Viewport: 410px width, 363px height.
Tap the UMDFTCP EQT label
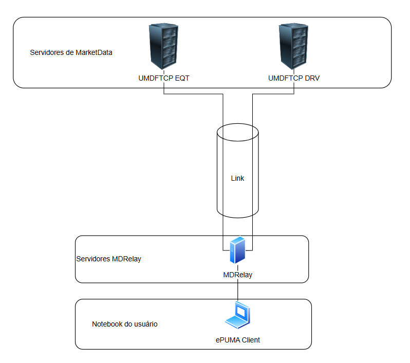point(160,79)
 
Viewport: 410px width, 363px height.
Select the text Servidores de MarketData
point(71,52)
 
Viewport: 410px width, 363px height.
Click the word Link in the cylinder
point(237,178)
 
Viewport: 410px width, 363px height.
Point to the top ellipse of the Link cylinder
point(237,131)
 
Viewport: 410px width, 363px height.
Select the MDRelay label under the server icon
point(237,275)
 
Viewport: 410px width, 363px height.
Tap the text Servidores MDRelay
point(108,259)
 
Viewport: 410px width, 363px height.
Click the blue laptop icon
point(237,315)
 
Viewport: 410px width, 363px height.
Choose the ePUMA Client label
point(237,340)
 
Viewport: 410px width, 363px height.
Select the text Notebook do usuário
point(124,324)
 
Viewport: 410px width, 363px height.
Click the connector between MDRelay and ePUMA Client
point(237,290)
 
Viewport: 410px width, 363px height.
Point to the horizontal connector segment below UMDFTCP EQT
point(193,94)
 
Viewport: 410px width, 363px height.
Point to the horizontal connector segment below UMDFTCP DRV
point(273,94)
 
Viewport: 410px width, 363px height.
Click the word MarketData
point(94,52)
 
